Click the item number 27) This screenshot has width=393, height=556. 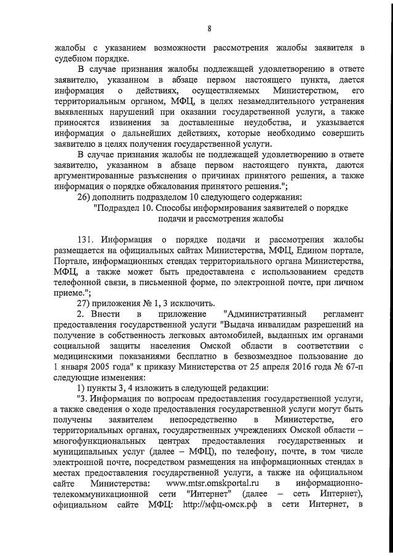[x=84, y=303]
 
